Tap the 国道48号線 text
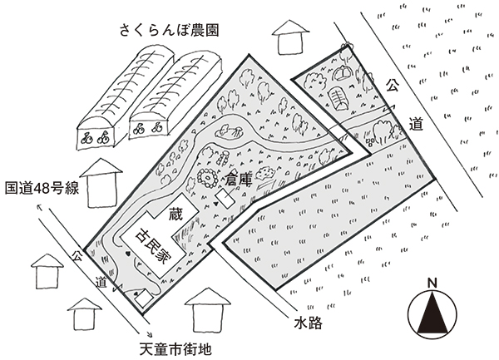41,189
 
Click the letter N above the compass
432,284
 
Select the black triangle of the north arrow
432,315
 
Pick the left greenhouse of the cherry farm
125,98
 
